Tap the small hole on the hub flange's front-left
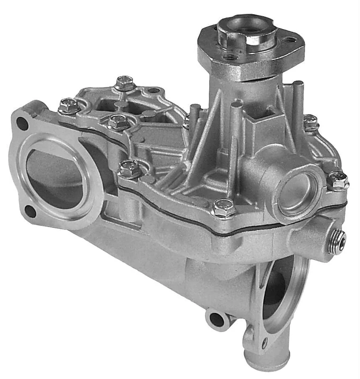click(231, 57)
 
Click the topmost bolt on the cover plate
click(125, 82)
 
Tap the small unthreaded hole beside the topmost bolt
click(153, 90)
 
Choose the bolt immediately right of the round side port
click(338, 180)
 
